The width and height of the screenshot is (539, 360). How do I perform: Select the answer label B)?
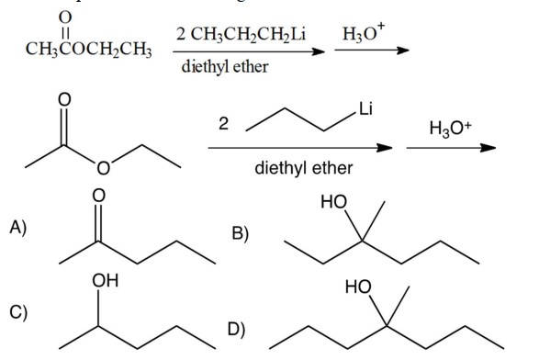coord(241,234)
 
